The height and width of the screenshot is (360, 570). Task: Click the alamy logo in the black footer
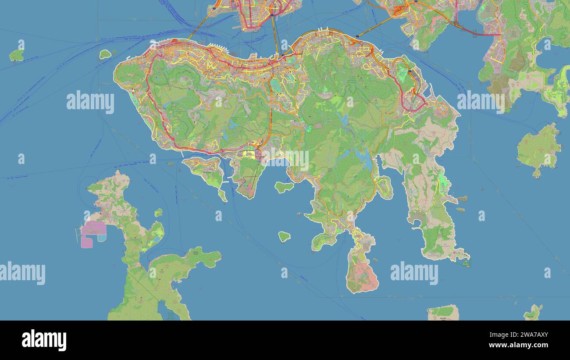[44, 340]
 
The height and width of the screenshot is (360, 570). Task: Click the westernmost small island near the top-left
[17, 55]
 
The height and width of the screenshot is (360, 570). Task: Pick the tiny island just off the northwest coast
[105, 54]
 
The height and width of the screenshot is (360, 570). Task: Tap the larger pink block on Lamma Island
[93, 228]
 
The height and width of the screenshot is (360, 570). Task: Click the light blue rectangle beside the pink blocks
[102, 238]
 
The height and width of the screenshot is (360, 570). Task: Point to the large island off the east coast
[538, 148]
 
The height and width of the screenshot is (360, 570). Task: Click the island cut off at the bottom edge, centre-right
[443, 312]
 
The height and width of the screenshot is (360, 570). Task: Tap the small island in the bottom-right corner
[533, 312]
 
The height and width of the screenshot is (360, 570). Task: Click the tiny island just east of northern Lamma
[158, 213]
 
